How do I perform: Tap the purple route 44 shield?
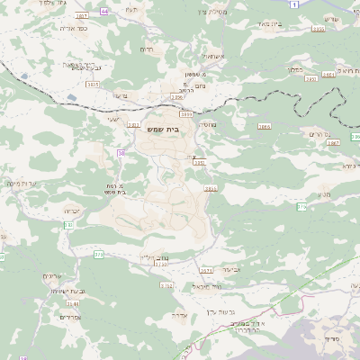pos(104,11)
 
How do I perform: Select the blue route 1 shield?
pos(293,5)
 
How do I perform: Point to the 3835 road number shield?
pos(93,84)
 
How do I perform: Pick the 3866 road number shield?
pos(264,128)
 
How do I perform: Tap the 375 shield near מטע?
pos(302,207)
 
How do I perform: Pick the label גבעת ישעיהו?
pos(67,292)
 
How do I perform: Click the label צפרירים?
pos(69,317)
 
